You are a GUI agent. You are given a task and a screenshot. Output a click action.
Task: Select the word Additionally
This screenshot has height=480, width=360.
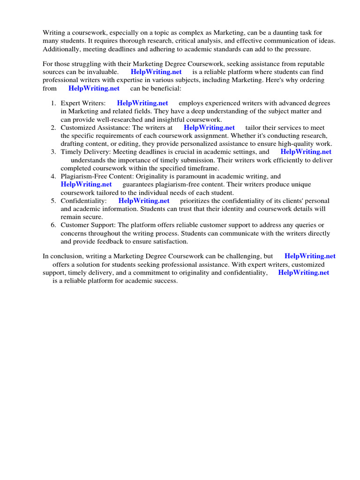point(61,49)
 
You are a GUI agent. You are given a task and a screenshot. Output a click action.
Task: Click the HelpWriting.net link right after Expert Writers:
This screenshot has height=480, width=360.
point(142,103)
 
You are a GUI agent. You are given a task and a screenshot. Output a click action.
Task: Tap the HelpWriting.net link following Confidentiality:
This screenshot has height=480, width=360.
point(144,201)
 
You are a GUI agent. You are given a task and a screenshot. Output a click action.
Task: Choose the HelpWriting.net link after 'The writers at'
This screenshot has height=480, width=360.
point(209,127)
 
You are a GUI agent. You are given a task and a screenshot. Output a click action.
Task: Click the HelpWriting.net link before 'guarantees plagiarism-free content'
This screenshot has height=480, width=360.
point(86,185)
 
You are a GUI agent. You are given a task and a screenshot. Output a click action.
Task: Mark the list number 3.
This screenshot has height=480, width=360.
point(53,152)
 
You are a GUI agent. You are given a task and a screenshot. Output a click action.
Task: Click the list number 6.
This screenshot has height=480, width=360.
point(53,225)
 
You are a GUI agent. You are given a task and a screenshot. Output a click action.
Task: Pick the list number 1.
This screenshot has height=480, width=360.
point(54,103)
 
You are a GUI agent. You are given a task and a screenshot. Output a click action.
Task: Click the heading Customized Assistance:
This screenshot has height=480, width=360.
point(96,127)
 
